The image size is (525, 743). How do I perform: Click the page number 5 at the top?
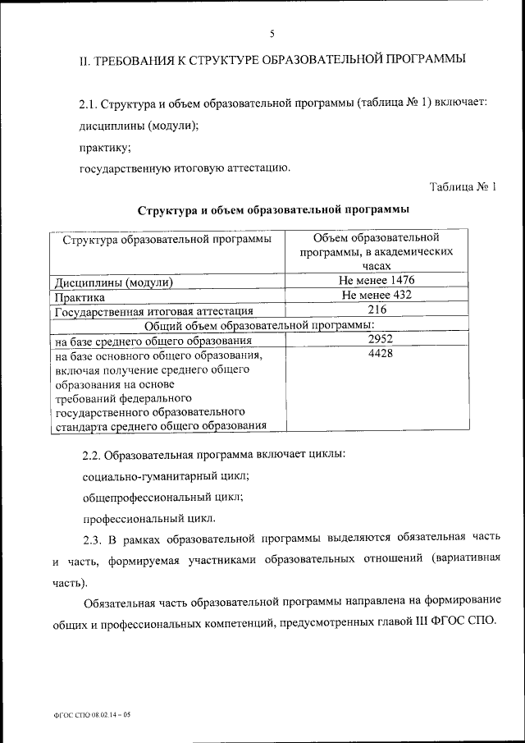click(x=271, y=33)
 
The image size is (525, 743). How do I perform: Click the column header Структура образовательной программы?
click(x=162, y=240)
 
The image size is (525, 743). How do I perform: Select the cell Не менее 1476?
click(x=377, y=281)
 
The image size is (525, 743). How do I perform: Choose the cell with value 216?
click(x=377, y=310)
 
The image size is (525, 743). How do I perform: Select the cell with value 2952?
click(x=377, y=339)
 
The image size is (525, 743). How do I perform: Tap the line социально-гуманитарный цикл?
click(x=166, y=475)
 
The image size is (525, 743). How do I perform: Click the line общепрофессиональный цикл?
click(x=162, y=497)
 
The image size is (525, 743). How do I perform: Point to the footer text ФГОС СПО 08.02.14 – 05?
click(x=87, y=715)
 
